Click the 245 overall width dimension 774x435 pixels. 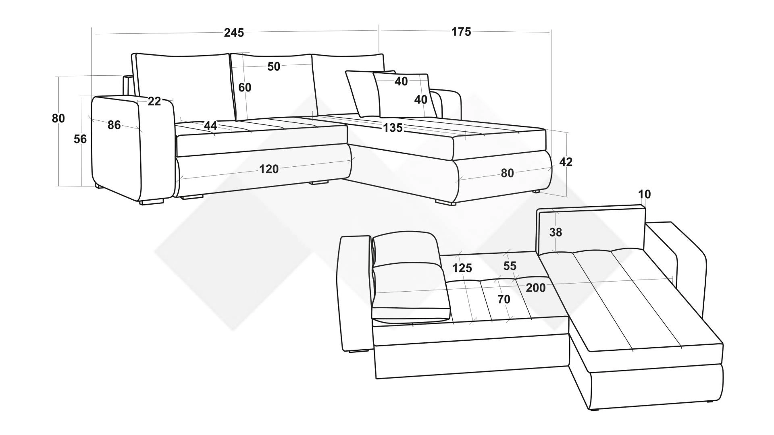point(234,33)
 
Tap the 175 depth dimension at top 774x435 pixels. point(461,32)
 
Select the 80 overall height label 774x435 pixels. point(58,118)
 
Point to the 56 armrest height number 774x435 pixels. point(80,139)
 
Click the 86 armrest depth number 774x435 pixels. point(114,125)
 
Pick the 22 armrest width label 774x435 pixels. point(154,101)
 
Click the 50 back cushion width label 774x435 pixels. point(274,66)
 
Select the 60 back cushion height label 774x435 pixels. point(245,87)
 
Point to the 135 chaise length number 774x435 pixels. point(393,128)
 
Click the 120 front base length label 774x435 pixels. point(269,169)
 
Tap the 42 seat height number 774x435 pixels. point(566,162)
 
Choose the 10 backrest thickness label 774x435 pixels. point(645,195)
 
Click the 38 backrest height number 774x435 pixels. point(556,232)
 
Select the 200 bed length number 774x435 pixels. point(536,288)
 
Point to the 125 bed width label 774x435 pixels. point(462,268)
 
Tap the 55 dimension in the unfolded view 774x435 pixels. point(510,266)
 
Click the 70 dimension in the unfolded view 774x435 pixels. point(504,300)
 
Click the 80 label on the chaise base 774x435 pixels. point(508,173)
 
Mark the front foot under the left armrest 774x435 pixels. point(152,202)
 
